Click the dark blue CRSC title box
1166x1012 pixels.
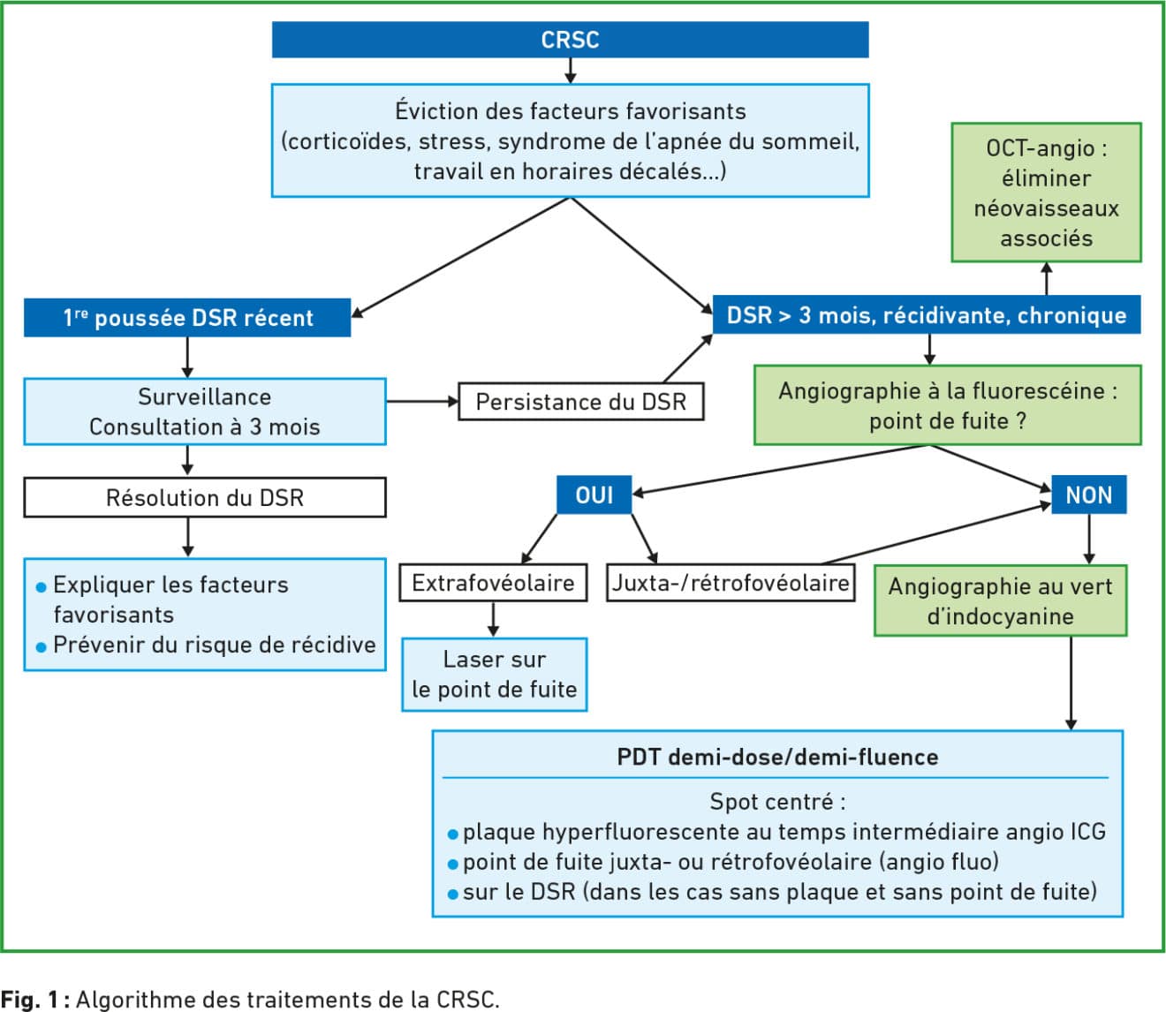click(x=570, y=40)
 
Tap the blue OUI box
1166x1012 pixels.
click(x=594, y=495)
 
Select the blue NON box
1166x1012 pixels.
click(x=1088, y=495)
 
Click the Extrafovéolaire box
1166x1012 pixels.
click(x=493, y=583)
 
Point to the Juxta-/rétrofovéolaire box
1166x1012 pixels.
click(x=731, y=583)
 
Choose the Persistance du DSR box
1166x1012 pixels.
click(x=580, y=402)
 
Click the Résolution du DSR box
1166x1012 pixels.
click(x=205, y=498)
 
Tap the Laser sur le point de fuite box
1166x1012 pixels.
click(x=494, y=675)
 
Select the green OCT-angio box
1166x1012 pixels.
click(x=1047, y=193)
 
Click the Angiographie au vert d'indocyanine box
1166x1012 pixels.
click(x=1000, y=600)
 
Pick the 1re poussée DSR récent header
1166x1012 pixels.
click(x=187, y=318)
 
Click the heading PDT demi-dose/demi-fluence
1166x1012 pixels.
click(x=777, y=757)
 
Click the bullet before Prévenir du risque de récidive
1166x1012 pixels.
click(x=41, y=647)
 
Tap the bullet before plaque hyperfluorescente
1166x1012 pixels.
click(x=453, y=835)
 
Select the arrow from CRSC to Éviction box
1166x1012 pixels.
click(x=570, y=71)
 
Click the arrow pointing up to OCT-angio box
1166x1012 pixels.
click(x=1047, y=278)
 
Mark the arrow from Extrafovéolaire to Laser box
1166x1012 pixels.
click(x=493, y=620)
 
